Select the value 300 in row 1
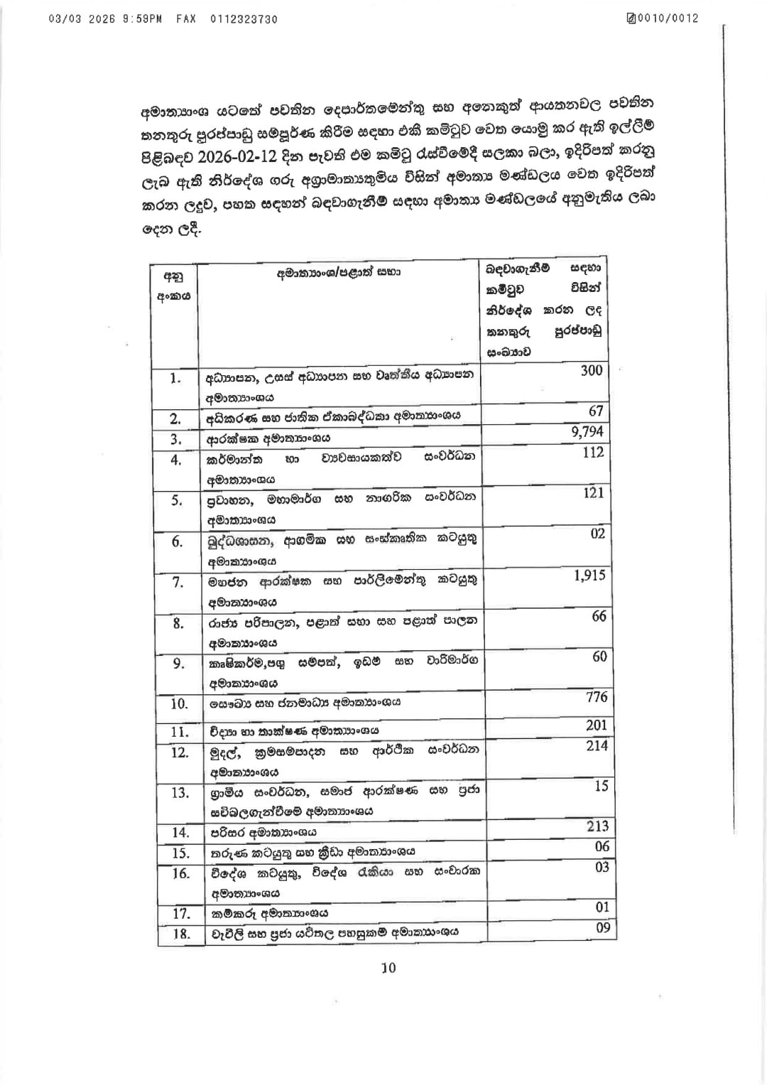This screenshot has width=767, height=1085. (x=591, y=370)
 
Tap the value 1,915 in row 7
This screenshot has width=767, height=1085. (x=589, y=576)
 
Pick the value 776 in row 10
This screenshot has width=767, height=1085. (x=597, y=697)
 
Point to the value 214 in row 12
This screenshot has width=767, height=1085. (x=597, y=745)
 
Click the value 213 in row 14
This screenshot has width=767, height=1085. (x=598, y=826)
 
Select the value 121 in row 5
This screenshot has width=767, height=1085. (x=593, y=493)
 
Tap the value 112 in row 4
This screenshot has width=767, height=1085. (x=592, y=453)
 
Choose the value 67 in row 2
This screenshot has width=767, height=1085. (x=596, y=411)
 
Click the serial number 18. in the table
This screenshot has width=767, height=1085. (x=181, y=934)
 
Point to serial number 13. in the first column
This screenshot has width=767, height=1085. (x=180, y=792)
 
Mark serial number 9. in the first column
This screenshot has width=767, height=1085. (x=178, y=663)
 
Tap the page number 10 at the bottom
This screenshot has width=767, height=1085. (x=388, y=968)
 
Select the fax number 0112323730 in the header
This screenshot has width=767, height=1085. (x=244, y=19)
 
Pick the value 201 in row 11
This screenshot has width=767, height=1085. (x=597, y=725)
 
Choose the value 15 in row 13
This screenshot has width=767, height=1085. (x=601, y=786)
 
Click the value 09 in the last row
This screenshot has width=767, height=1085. (x=602, y=927)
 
